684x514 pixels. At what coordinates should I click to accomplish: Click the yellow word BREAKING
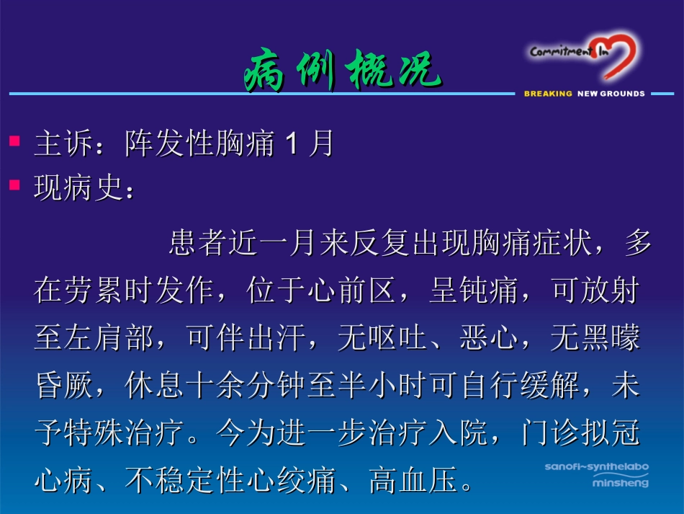[548, 94]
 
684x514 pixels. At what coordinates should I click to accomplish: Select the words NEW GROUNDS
[611, 94]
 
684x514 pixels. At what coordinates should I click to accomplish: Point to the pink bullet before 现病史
[14, 185]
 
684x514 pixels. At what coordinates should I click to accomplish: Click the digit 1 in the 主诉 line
[292, 144]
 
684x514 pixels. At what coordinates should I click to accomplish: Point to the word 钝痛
[488, 291]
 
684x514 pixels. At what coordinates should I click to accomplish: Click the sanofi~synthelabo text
[596, 466]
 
